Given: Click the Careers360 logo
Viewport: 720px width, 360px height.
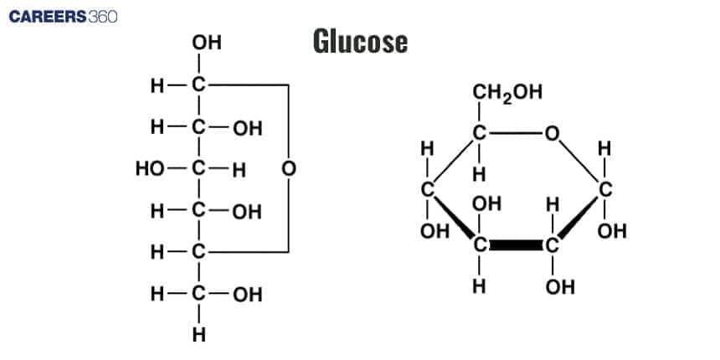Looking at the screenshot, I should (63, 17).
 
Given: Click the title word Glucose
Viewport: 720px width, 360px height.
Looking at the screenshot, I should (361, 41).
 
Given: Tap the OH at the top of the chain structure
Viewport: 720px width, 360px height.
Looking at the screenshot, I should (207, 41).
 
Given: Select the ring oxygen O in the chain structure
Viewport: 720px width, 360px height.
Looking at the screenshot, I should (288, 169).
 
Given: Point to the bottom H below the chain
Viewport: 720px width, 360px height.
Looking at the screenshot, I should (199, 337).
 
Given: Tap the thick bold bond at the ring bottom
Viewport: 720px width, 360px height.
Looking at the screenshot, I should (516, 247).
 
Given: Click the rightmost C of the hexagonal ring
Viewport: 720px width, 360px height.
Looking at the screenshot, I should (605, 189).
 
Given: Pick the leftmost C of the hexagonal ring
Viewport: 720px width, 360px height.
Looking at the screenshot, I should (428, 189).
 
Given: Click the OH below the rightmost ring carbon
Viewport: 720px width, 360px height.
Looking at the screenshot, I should (613, 230).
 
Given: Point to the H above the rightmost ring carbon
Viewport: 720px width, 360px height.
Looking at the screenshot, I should (605, 149).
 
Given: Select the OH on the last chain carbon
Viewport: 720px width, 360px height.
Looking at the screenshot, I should (247, 295).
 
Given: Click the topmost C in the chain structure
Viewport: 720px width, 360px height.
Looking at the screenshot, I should (199, 85).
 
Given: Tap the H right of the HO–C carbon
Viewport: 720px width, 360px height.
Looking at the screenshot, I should (239, 170).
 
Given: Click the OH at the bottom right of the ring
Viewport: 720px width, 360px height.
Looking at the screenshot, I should (560, 286).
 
